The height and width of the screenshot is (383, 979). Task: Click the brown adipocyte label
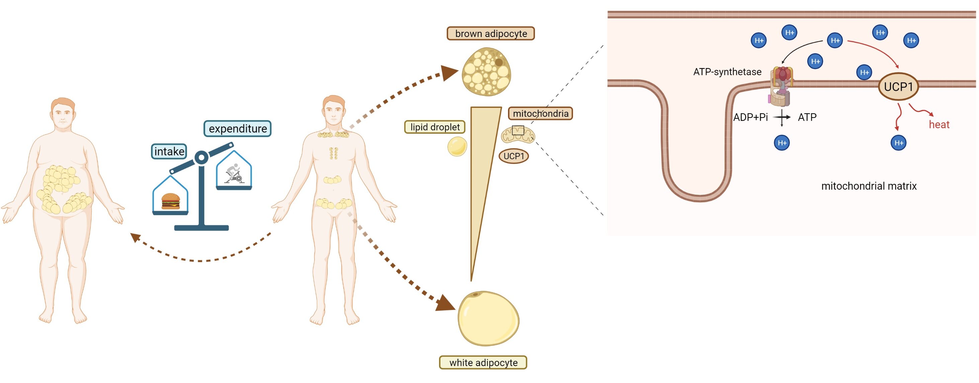tap(490, 34)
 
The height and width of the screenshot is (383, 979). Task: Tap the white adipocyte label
tap(483, 363)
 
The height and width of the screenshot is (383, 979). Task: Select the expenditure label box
tap(238, 129)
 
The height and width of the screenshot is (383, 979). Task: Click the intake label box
tap(169, 151)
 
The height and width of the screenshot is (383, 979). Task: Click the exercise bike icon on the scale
tap(234, 174)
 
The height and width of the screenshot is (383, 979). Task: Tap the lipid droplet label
tap(435, 127)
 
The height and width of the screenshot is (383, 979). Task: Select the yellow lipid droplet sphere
tap(457, 146)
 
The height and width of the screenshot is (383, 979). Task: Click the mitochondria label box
tap(540, 113)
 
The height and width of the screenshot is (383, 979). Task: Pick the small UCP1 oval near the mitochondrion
tap(513, 156)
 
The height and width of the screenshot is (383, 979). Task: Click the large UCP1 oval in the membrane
tap(898, 87)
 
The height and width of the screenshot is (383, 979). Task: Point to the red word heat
tap(939, 125)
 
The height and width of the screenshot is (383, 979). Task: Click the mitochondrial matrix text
tap(869, 186)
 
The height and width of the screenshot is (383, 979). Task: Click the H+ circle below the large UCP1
tap(898, 143)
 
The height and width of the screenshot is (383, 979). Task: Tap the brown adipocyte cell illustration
tap(486, 71)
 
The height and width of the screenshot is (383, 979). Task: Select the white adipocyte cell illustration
tap(488, 318)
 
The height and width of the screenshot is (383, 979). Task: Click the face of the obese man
tap(63, 115)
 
